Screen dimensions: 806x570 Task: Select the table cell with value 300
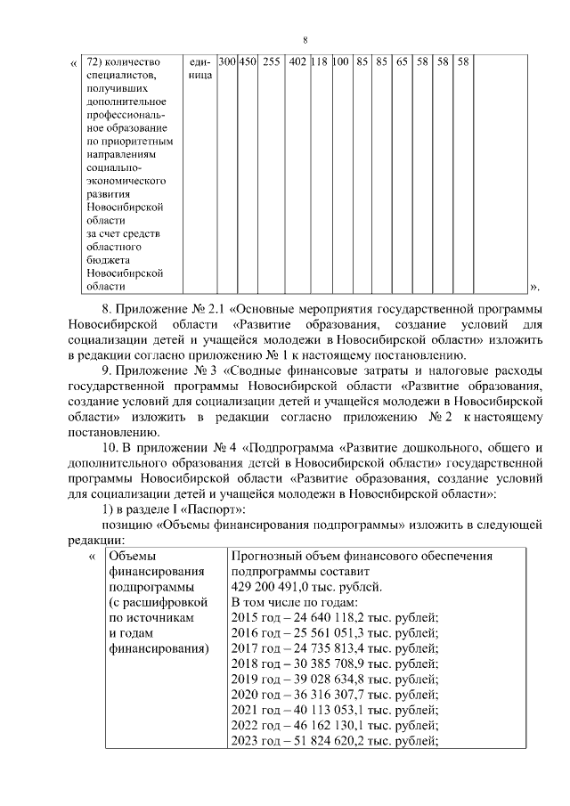tap(226, 62)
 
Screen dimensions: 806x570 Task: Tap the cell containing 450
tap(248, 62)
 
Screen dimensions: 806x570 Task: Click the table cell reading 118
tap(320, 62)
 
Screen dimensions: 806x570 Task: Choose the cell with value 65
tap(403, 62)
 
